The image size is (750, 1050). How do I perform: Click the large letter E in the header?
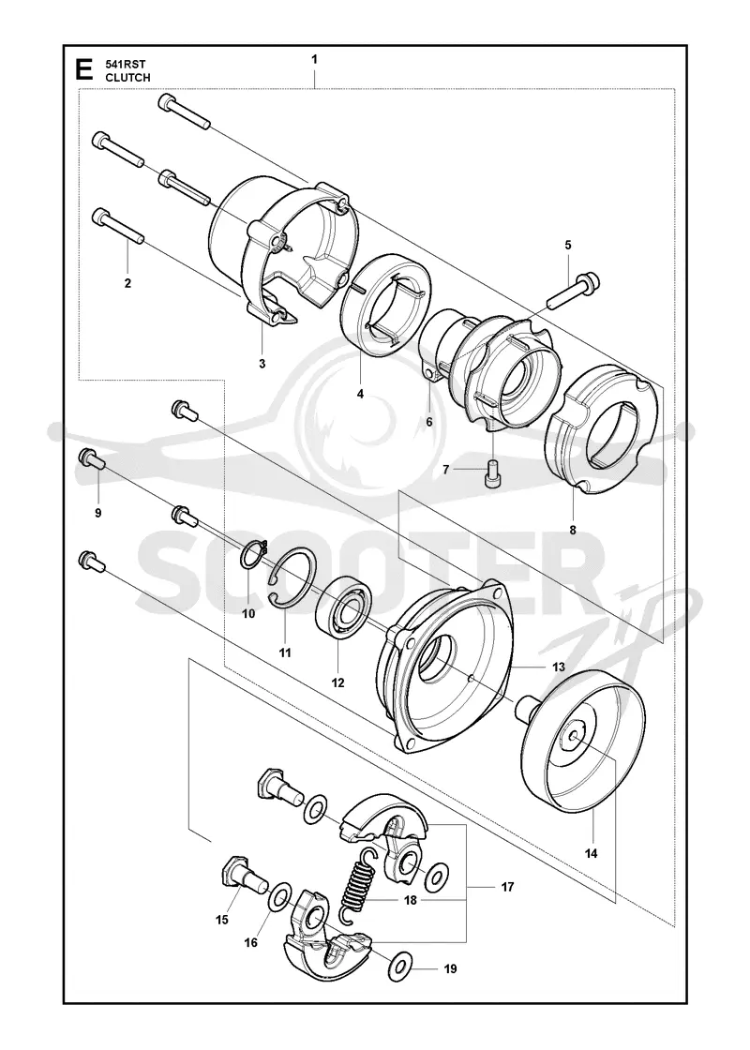point(83,70)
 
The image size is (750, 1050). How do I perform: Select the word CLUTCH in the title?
point(127,78)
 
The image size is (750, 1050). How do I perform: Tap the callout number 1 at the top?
point(314,60)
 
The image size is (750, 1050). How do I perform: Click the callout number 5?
point(568,245)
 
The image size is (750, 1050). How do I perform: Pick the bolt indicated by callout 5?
point(573,291)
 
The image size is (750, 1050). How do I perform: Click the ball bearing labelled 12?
point(344,607)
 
